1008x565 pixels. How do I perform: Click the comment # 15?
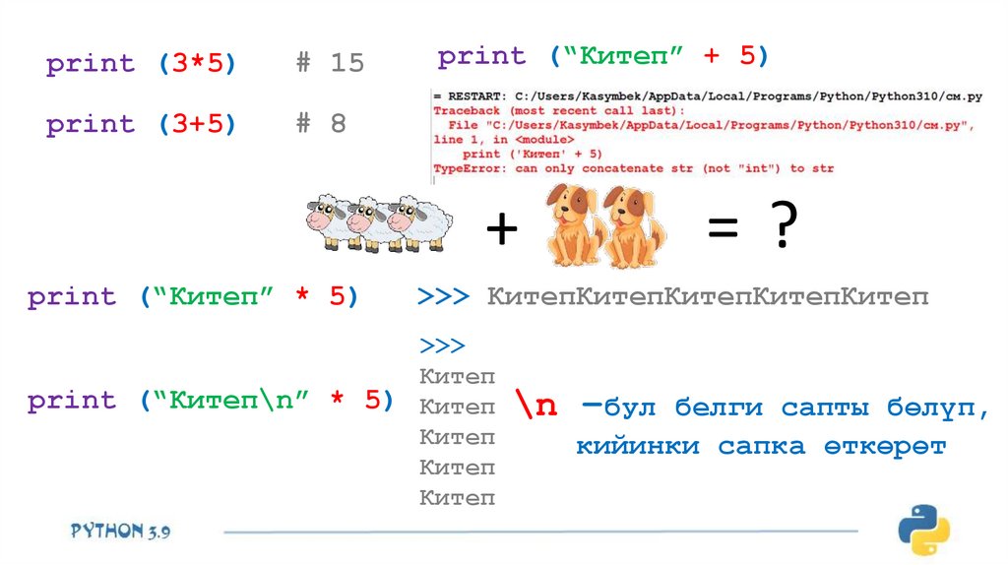click(x=331, y=64)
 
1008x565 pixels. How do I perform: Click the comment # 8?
click(x=322, y=124)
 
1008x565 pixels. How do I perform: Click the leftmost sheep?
click(x=332, y=225)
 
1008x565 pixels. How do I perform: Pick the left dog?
click(x=570, y=229)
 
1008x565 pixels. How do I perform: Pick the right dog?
click(x=631, y=229)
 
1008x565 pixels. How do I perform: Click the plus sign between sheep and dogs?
click(x=501, y=229)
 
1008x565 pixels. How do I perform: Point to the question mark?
click(x=783, y=228)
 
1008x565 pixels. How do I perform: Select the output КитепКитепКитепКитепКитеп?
click(x=707, y=297)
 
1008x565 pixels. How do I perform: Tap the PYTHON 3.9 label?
click(x=120, y=531)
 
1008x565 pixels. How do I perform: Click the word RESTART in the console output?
click(x=472, y=96)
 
